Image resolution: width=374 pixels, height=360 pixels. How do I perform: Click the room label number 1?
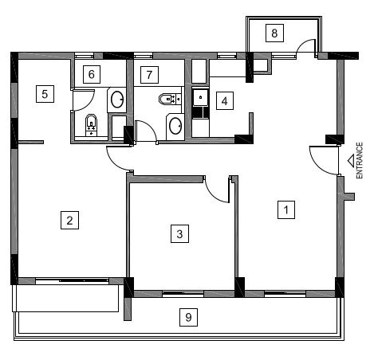click(286, 209)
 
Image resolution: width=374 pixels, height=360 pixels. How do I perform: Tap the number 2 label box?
click(69, 220)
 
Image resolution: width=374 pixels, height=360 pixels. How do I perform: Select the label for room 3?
click(179, 233)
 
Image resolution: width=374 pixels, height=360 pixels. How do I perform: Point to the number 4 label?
click(225, 101)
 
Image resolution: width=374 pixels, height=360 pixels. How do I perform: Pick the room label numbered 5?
click(45, 94)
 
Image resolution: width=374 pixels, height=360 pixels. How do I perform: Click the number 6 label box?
click(92, 74)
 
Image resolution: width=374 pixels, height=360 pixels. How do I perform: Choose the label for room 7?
click(149, 75)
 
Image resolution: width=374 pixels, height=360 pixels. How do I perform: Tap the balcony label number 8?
click(274, 33)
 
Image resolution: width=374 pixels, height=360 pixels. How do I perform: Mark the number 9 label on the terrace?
click(188, 317)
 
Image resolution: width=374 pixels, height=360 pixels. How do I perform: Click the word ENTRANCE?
click(359, 160)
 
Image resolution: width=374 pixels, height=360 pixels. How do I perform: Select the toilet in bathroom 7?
click(170, 99)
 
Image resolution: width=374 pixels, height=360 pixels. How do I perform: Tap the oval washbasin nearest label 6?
click(117, 100)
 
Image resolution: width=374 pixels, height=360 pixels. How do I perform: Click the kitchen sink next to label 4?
click(200, 97)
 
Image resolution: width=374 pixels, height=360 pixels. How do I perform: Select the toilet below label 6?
click(91, 125)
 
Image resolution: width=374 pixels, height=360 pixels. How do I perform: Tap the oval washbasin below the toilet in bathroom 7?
click(175, 126)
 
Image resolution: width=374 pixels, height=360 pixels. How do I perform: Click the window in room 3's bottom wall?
click(183, 293)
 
